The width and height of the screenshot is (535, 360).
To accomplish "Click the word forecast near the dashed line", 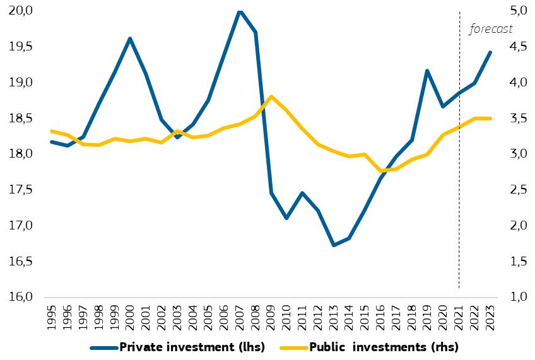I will (x=491, y=29).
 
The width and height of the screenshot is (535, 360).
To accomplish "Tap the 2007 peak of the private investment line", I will (x=240, y=11).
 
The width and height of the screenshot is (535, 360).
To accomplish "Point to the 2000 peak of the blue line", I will (x=130, y=38).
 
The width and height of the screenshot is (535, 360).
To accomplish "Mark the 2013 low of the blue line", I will (x=334, y=245).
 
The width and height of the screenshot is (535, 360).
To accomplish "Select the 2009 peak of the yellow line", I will (x=271, y=96).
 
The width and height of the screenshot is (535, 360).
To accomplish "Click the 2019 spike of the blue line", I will (x=428, y=71).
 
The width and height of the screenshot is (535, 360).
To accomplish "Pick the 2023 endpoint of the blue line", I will (x=490, y=52).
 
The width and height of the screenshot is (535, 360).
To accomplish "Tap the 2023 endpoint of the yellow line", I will (x=490, y=119).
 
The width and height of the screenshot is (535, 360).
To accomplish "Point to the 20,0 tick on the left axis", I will (x=21, y=11).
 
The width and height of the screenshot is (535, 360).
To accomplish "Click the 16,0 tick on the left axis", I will (x=21, y=297).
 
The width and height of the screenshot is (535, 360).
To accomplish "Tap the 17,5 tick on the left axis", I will (x=21, y=190).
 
